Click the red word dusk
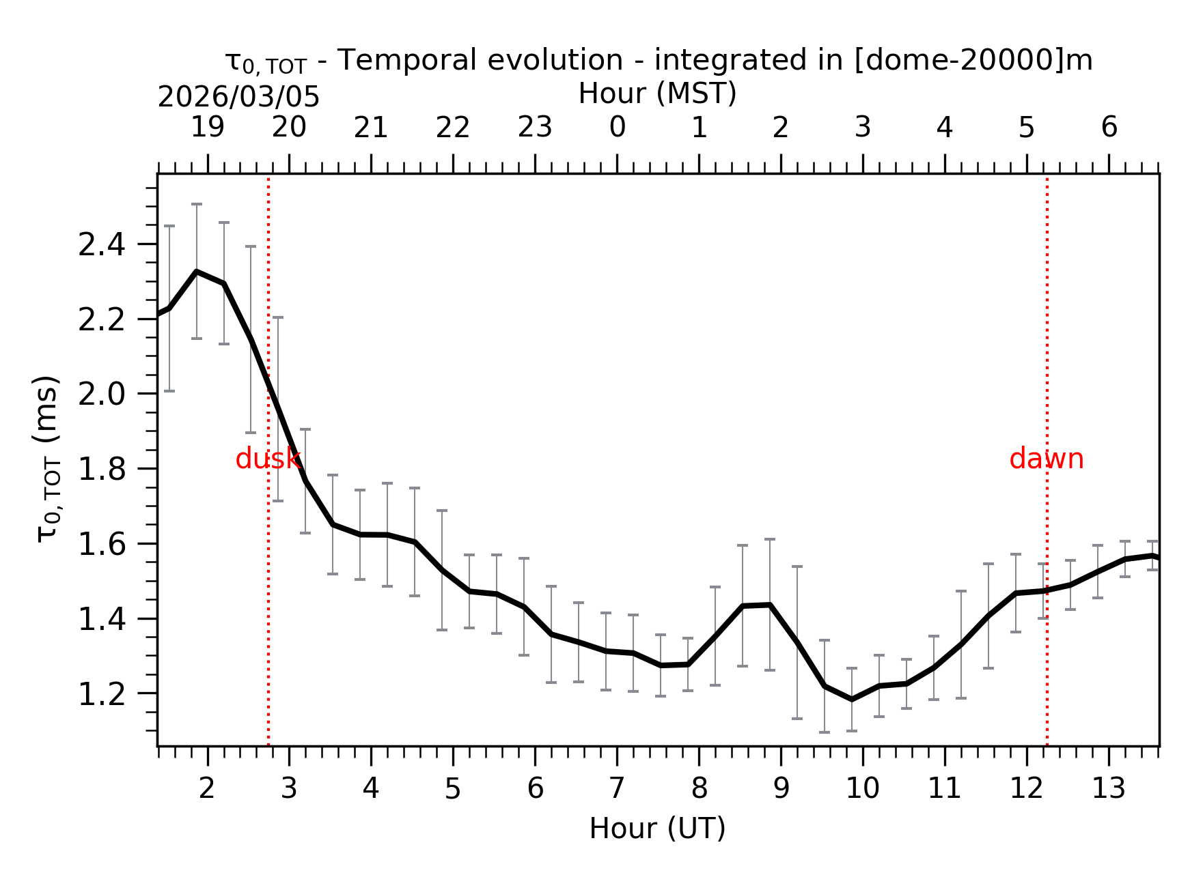coord(267,459)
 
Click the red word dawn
coord(1046,459)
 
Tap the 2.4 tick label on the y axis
coord(102,245)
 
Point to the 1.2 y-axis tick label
coord(102,694)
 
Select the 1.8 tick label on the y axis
coord(102,470)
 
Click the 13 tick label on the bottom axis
coord(1108,789)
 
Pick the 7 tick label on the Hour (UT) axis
coord(617,789)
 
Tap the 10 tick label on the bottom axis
coord(862,789)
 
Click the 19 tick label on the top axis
coord(207,127)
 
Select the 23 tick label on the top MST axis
coord(535,127)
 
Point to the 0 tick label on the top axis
coord(617,127)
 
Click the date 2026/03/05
coord(238,98)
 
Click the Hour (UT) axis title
coord(657,829)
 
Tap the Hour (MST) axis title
coord(657,94)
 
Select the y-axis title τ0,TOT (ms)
coord(48,459)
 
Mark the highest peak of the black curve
coord(197,272)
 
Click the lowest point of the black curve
coord(852,700)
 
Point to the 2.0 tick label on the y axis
coord(102,395)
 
